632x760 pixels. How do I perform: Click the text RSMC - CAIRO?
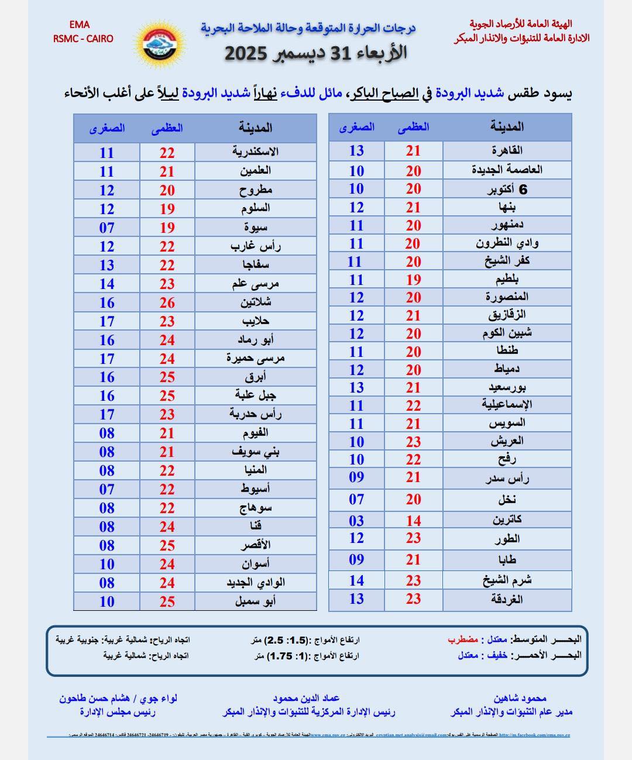pyautogui.click(x=83, y=39)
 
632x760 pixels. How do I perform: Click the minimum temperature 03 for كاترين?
pyautogui.click(x=356, y=521)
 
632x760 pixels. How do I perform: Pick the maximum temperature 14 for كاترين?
pyautogui.click(x=414, y=521)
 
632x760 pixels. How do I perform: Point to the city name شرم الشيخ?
pyautogui.click(x=507, y=580)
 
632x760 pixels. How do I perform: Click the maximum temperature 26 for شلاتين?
pyautogui.click(x=167, y=302)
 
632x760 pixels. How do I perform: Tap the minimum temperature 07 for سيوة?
pyautogui.click(x=107, y=228)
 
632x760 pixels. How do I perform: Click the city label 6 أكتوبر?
pyautogui.click(x=507, y=189)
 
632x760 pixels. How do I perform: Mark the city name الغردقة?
pyautogui.click(x=507, y=599)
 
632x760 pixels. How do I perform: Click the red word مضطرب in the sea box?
pyautogui.click(x=463, y=639)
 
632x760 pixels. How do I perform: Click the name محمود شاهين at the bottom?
pyautogui.click(x=520, y=698)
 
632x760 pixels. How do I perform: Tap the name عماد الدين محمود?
pyautogui.click(x=306, y=698)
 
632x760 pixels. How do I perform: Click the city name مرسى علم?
pyautogui.click(x=255, y=284)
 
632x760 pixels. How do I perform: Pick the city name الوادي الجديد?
pyautogui.click(x=255, y=583)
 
